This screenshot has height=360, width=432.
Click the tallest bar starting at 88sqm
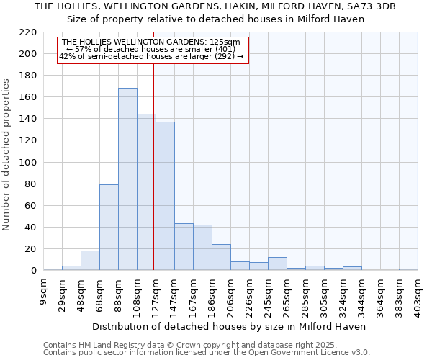pos(127,179)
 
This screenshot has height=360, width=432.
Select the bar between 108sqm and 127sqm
pos(146,192)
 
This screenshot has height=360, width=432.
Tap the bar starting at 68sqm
pos(109,228)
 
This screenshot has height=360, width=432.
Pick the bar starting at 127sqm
pos(165,196)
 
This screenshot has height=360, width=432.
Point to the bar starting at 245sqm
pos(277,264)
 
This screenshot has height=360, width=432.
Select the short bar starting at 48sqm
pos(90,261)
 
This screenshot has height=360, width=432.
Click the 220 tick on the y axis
pos(29,32)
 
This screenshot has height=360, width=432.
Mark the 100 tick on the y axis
pos(29,163)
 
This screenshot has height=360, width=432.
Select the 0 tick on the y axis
pos(34,271)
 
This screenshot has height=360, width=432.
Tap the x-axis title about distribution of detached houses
pos(230,326)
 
